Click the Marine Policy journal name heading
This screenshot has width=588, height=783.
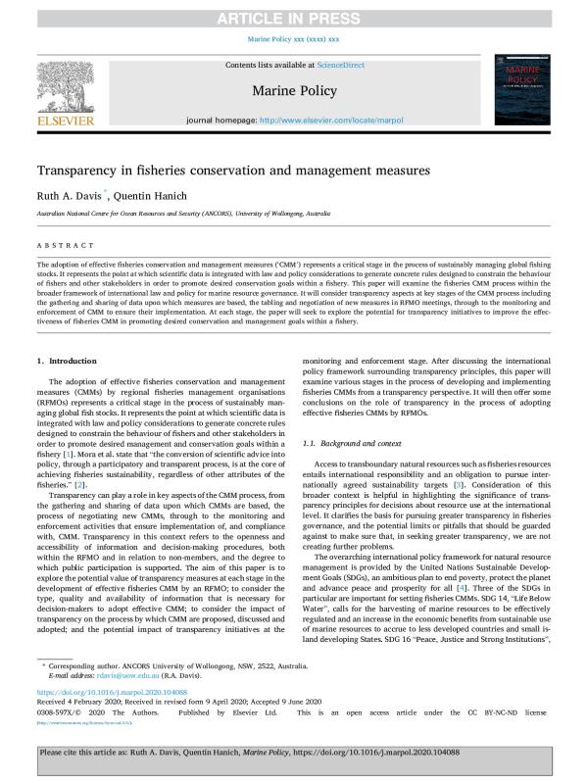(293, 91)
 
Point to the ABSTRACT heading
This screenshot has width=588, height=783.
(60, 247)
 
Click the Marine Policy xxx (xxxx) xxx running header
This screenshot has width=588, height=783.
(293, 39)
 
